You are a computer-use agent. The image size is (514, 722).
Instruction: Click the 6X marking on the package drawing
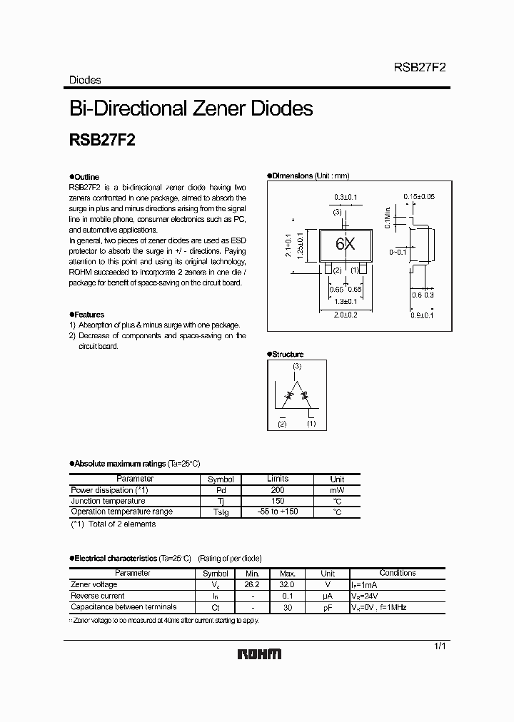[346, 244]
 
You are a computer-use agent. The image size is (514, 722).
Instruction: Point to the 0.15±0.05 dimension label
[419, 196]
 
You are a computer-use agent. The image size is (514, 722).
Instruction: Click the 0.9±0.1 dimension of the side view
[421, 314]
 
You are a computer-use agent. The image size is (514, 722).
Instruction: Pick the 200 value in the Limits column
[278, 490]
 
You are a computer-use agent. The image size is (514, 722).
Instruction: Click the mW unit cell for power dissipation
[337, 490]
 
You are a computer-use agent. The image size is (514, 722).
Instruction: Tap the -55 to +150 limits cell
[278, 512]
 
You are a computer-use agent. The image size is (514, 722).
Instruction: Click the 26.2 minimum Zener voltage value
[252, 584]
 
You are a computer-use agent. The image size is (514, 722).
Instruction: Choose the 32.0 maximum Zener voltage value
[288, 584]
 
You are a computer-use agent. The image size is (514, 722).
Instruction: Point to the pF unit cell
[327, 607]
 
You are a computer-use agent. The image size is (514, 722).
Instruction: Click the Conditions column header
[397, 573]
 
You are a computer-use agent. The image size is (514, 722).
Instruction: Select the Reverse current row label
[98, 596]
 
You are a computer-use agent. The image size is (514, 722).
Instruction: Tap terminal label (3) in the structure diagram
[297, 366]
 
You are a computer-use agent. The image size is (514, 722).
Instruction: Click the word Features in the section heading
[89, 315]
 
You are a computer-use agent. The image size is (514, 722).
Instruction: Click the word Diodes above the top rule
[85, 81]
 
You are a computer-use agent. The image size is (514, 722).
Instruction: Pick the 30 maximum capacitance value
[288, 607]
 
